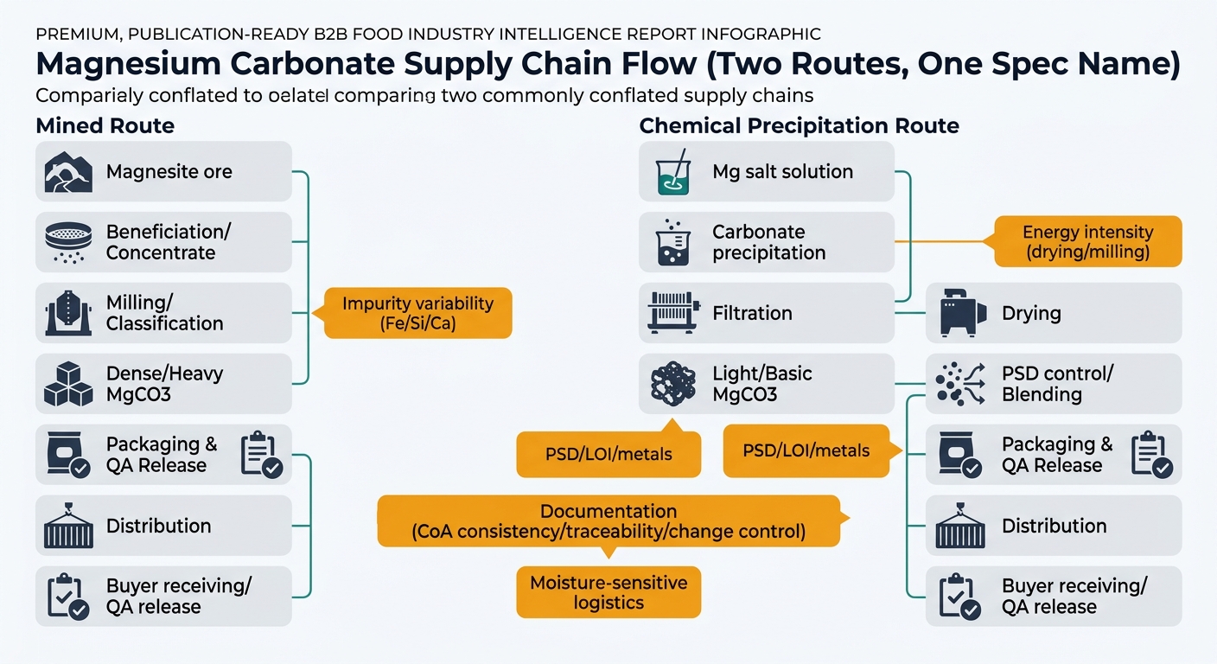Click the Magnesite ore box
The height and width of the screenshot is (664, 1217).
point(163,172)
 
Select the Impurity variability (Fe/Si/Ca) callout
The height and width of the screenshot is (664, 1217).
point(417,314)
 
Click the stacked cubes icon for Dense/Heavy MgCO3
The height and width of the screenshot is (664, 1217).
point(68,385)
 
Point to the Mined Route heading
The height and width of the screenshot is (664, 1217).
point(105,126)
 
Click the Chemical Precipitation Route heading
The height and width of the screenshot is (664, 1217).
point(799,126)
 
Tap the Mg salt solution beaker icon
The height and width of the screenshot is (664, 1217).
point(672,172)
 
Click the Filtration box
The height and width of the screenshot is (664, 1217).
point(766,313)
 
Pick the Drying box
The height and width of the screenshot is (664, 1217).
point(1053,313)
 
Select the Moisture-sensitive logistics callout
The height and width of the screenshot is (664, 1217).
point(608,592)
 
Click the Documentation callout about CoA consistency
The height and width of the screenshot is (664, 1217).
point(608,521)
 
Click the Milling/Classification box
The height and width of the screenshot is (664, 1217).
point(163,313)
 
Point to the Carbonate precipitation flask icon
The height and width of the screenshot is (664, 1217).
point(672,243)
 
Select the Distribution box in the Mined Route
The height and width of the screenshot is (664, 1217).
point(163,526)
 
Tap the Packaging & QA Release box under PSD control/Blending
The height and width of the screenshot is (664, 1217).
point(1053,455)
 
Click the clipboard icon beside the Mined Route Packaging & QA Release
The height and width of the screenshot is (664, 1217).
point(260,455)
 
